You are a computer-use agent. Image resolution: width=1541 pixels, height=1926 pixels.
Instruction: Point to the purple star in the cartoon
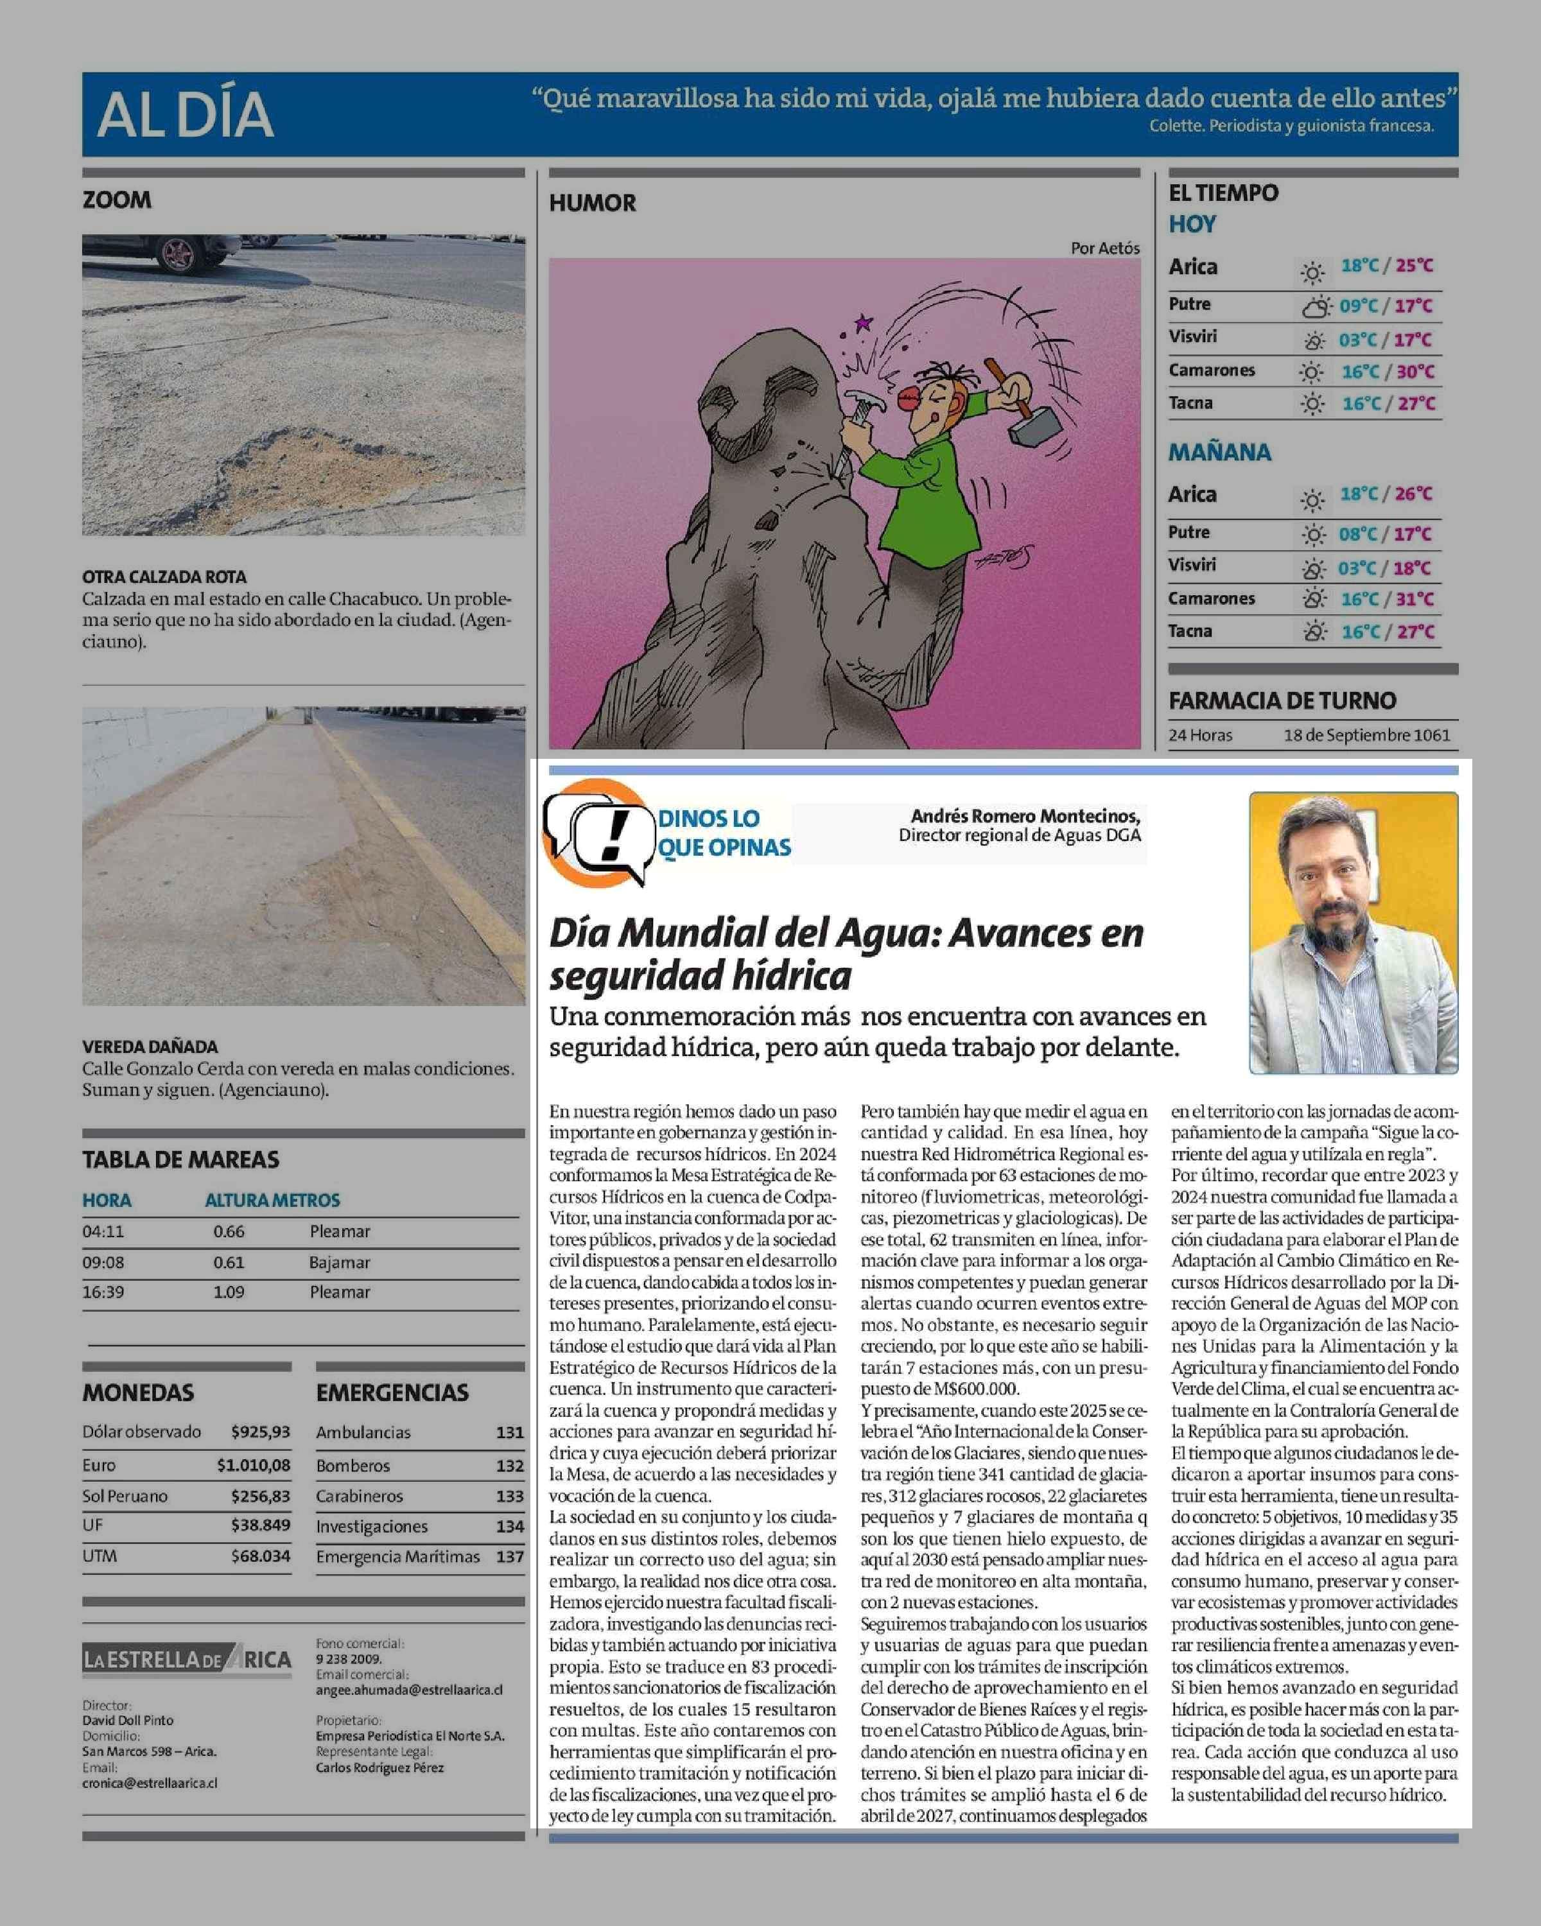[x=863, y=322]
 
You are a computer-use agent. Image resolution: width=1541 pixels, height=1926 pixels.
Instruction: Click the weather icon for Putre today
[x=1315, y=308]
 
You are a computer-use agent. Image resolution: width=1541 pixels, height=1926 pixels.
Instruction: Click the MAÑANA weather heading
[x=1219, y=452]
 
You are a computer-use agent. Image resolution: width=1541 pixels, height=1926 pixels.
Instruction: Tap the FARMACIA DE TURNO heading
[x=1282, y=701]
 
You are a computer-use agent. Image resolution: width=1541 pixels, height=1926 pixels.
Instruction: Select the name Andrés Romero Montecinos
[x=1025, y=815]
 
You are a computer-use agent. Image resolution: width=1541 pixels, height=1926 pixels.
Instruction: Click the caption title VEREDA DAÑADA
[x=150, y=1046]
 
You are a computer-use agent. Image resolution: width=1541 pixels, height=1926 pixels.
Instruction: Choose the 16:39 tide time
[x=103, y=1292]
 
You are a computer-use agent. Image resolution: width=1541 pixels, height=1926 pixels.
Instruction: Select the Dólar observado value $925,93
[x=260, y=1432]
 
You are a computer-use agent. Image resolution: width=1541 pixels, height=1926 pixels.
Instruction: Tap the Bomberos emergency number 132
[x=509, y=1466]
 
